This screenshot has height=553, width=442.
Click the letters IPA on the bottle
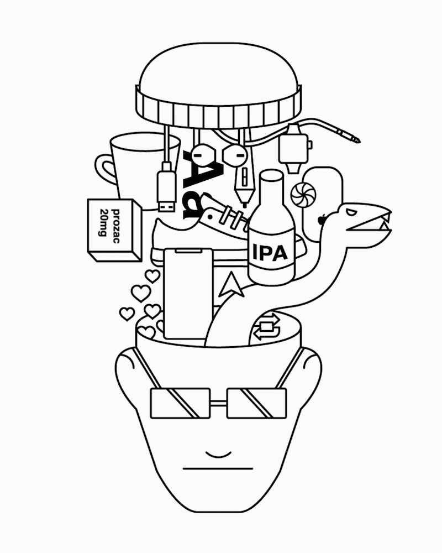[x=270, y=253]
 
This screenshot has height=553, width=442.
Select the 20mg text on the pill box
[x=104, y=222]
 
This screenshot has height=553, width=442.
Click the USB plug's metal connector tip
[x=166, y=205]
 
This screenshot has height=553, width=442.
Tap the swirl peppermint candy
[x=303, y=194]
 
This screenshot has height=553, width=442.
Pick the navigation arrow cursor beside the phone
[x=231, y=284]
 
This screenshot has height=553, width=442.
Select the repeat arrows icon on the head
[x=267, y=327]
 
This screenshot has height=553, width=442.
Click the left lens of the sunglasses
[x=180, y=404]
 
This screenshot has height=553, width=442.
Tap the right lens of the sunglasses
[x=256, y=404]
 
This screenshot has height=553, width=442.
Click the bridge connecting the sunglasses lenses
[x=219, y=403]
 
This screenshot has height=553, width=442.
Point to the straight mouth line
[x=218, y=469]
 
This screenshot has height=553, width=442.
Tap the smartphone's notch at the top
[x=188, y=251]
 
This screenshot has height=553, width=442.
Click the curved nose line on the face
[x=219, y=454]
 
